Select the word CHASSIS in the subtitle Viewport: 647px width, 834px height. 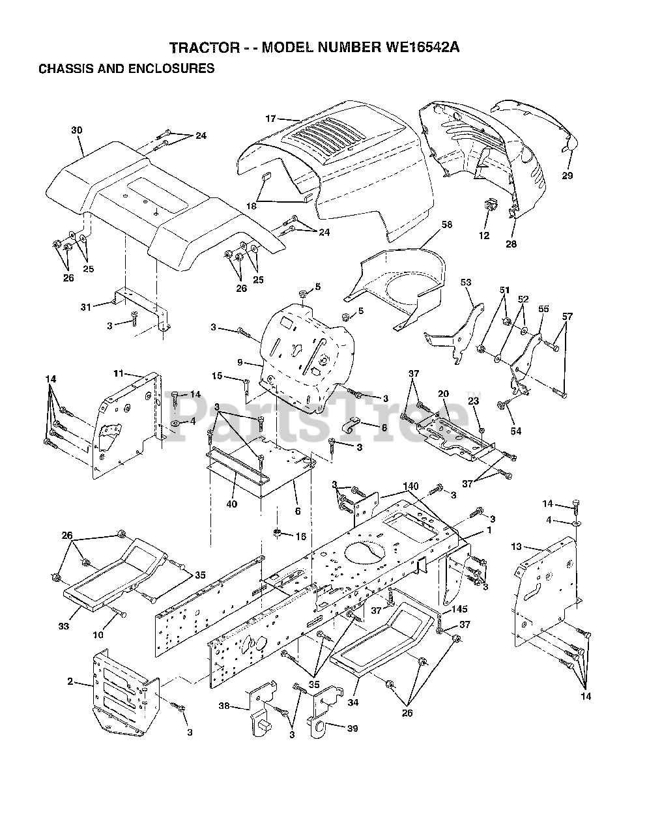[65, 68]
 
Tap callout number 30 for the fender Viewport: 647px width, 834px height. [76, 130]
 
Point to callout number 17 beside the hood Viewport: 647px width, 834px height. [271, 119]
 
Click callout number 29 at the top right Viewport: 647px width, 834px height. [568, 175]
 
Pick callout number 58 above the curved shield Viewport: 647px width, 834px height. [428, 225]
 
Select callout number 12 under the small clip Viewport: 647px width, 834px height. [484, 236]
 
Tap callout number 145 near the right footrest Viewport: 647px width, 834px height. [460, 609]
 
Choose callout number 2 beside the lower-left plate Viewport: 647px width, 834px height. [70, 683]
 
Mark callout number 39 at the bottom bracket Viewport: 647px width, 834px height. [352, 728]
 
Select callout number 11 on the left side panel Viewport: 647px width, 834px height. [119, 373]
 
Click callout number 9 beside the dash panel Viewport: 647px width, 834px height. [240, 362]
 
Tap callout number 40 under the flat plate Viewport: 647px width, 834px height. [232, 485]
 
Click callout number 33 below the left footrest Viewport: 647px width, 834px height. [63, 626]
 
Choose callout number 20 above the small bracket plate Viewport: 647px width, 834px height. [443, 394]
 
